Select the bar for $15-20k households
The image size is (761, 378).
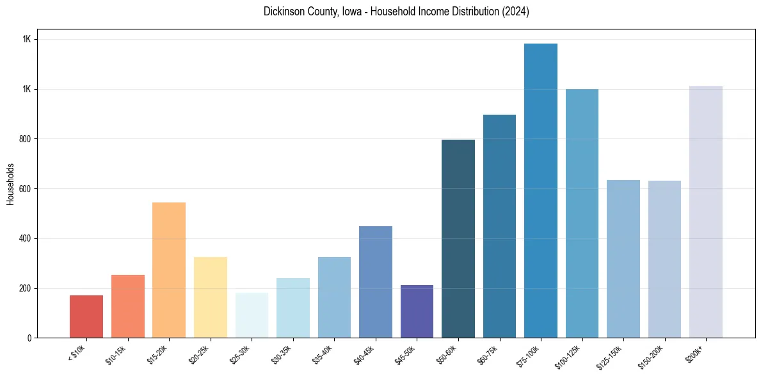[169, 270]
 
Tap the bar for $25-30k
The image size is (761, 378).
[252, 315]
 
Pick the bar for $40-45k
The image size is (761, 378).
[376, 282]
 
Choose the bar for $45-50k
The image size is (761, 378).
[417, 311]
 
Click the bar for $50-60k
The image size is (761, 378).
[458, 238]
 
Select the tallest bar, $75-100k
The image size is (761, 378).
[541, 190]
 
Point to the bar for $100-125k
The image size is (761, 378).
[582, 213]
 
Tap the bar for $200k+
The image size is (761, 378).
[706, 211]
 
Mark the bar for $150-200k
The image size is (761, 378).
[664, 259]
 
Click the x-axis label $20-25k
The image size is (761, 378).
[199, 354]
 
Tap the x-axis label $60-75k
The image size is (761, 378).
[488, 354]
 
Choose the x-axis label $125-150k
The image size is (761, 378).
[611, 356]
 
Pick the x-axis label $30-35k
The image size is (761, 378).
[282, 354]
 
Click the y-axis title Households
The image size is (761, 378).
[11, 183]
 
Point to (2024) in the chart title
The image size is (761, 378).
[516, 12]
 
